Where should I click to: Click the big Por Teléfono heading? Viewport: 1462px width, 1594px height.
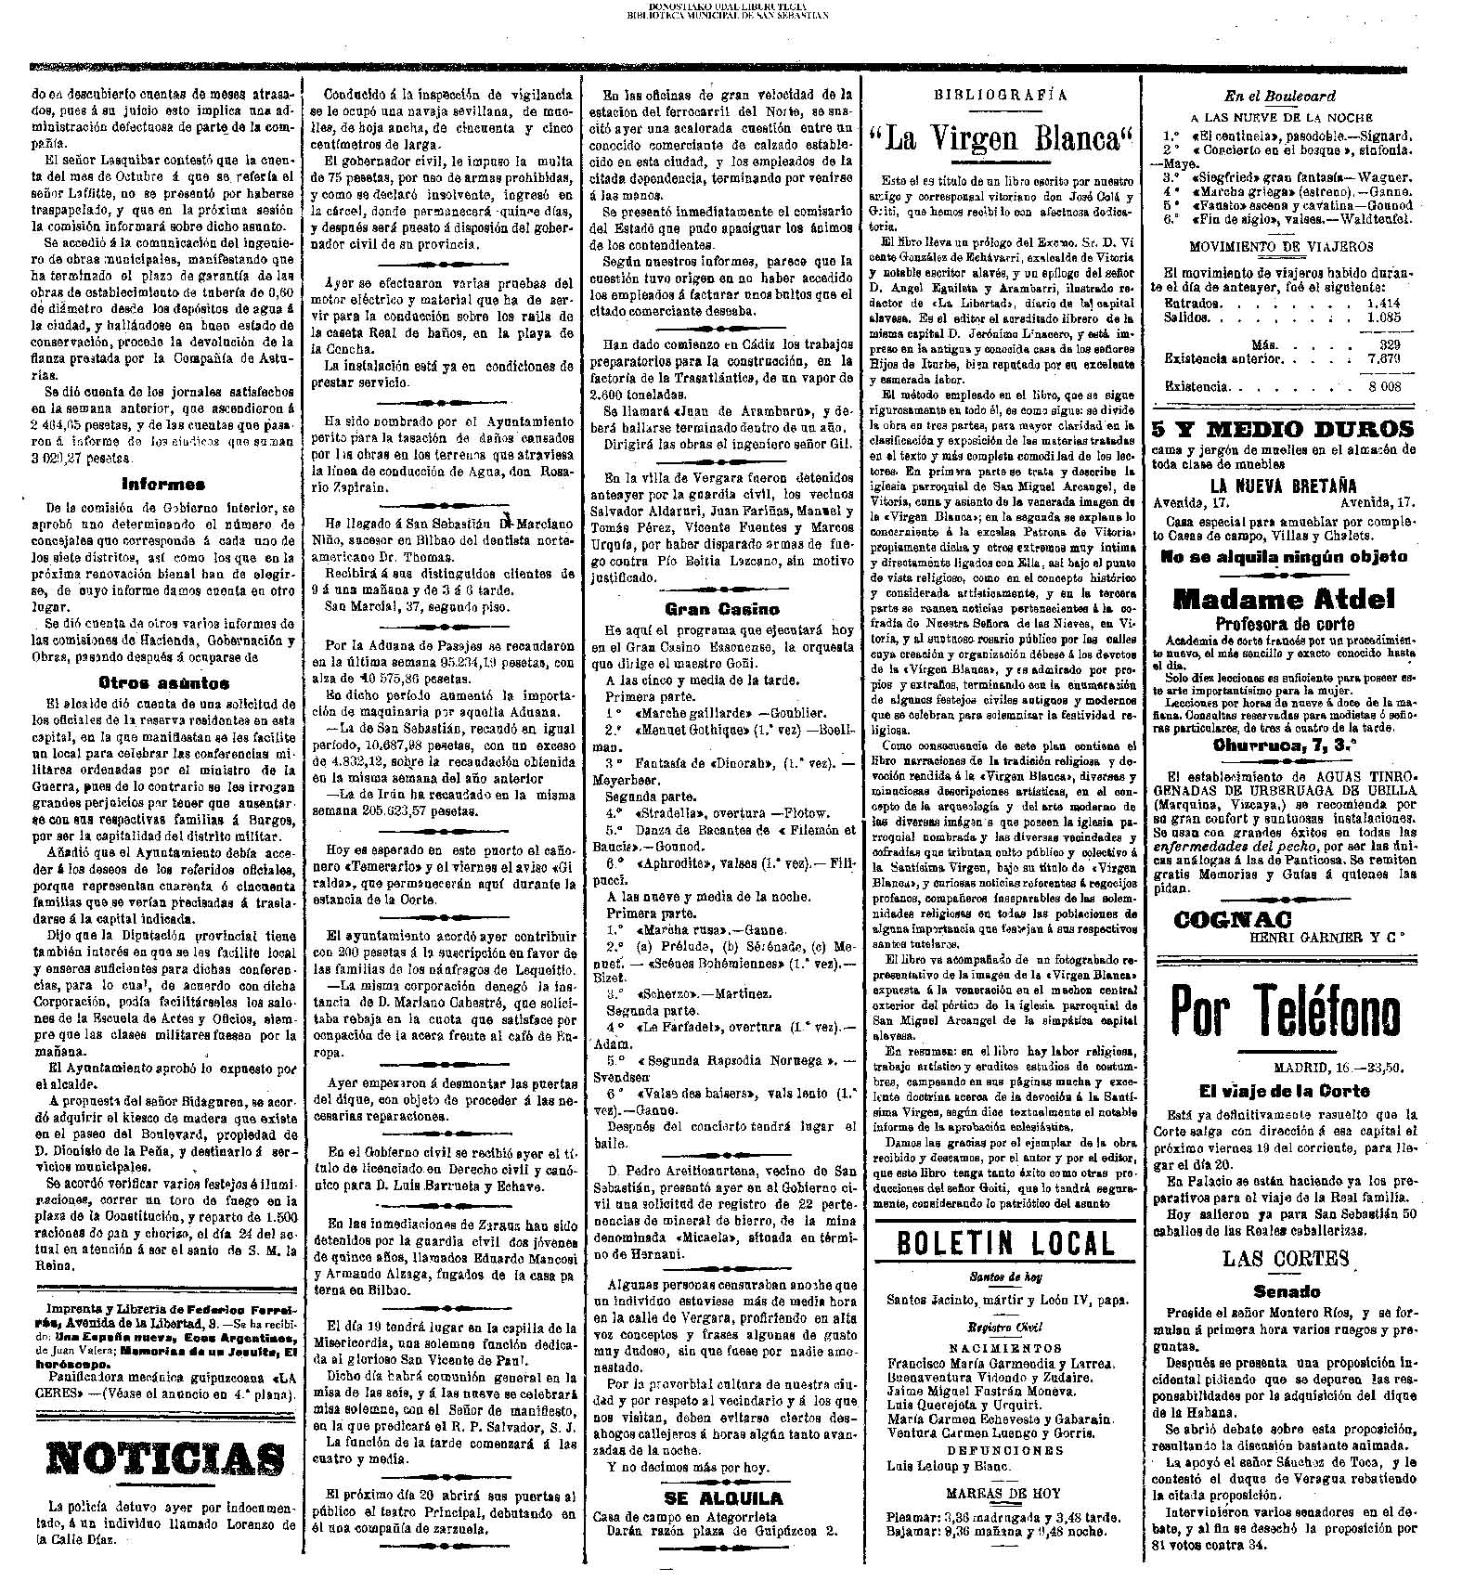1284,1011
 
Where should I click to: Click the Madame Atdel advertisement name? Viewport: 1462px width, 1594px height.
1284,599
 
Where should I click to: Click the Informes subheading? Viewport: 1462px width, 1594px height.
163,485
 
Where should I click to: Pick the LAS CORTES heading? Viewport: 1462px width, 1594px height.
1285,1258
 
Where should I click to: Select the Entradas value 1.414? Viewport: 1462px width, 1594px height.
1383,303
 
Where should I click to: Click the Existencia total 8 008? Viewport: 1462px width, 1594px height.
1383,387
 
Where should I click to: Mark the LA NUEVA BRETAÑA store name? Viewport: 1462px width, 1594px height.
1284,486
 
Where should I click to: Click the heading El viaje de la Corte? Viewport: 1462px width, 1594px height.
1284,1091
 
